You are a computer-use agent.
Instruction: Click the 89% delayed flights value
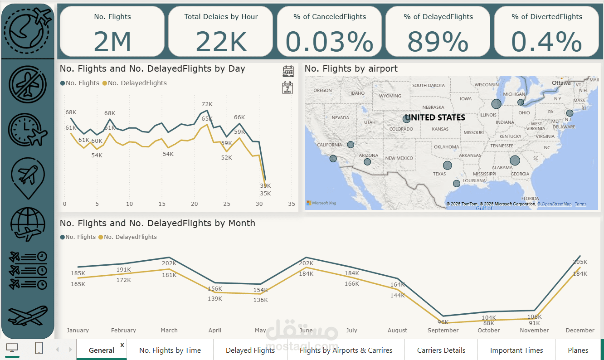click(x=438, y=42)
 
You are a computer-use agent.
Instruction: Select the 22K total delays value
click(x=221, y=42)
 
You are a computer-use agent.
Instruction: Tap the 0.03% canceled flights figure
click(x=329, y=42)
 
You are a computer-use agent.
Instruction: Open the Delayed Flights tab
click(x=250, y=350)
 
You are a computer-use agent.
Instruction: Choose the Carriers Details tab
click(x=441, y=350)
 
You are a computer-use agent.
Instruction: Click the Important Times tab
click(x=516, y=350)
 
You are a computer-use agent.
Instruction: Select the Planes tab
click(x=578, y=350)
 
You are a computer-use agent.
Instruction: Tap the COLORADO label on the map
click(x=401, y=129)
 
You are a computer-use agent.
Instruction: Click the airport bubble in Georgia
click(x=515, y=160)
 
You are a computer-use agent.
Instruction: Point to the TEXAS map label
click(x=439, y=174)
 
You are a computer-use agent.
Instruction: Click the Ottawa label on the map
click(x=561, y=83)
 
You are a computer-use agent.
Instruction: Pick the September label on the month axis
click(x=443, y=330)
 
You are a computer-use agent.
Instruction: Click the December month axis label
click(x=580, y=330)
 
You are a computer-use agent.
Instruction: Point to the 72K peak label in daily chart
click(x=207, y=104)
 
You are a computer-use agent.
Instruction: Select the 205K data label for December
click(x=580, y=262)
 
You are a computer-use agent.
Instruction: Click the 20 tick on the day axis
click(x=194, y=204)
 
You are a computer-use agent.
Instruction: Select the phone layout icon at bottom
click(x=39, y=348)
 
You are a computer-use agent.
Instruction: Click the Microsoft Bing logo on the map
click(x=321, y=203)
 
